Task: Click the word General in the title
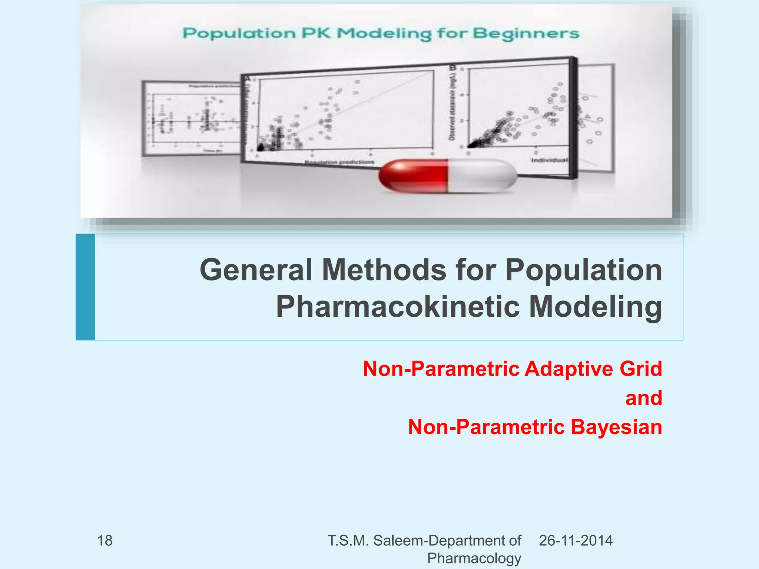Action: (x=256, y=270)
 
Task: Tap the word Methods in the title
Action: (x=384, y=270)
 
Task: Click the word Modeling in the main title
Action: (x=595, y=307)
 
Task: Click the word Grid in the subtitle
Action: (x=641, y=369)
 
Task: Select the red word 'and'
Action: (x=644, y=398)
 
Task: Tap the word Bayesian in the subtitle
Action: (x=616, y=427)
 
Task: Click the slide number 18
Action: (x=105, y=541)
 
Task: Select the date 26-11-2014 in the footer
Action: (x=576, y=541)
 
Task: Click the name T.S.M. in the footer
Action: (x=348, y=541)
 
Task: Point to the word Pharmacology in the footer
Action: (x=474, y=558)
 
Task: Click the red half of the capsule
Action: (x=413, y=176)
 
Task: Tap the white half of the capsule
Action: (x=482, y=176)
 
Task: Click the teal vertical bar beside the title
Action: (x=85, y=287)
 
